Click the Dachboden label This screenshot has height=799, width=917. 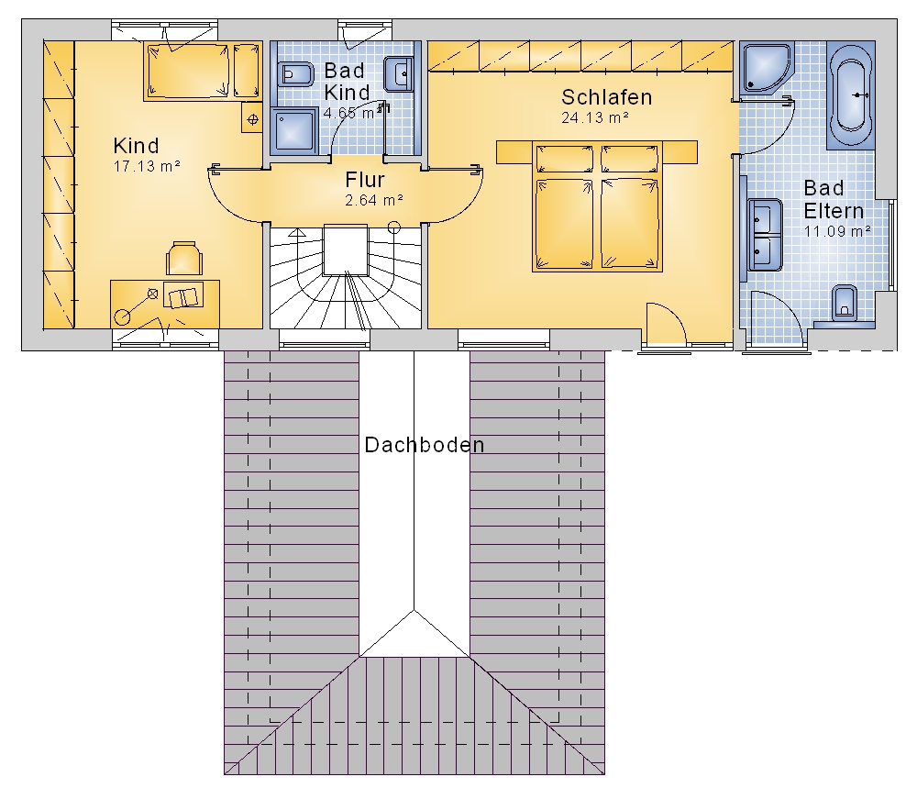click(424, 445)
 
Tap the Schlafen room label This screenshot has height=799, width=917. click(606, 97)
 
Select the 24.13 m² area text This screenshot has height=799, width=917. click(595, 117)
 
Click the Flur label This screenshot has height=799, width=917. click(365, 179)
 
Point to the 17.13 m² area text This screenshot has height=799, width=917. click(146, 166)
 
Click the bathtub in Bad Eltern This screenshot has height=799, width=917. click(851, 94)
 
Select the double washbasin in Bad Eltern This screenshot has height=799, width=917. click(765, 235)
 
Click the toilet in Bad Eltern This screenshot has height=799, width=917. click(844, 303)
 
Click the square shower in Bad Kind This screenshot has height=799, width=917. click(293, 130)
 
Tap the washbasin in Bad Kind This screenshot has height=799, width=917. click(399, 74)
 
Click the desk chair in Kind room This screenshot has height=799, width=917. click(183, 258)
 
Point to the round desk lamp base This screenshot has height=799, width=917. click(123, 317)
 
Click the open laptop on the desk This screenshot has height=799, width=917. click(183, 294)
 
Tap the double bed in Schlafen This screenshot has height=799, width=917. click(597, 205)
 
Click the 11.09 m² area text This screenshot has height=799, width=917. click(837, 231)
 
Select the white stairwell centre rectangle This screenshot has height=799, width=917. click(346, 250)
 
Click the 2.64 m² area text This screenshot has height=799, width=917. click(374, 200)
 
